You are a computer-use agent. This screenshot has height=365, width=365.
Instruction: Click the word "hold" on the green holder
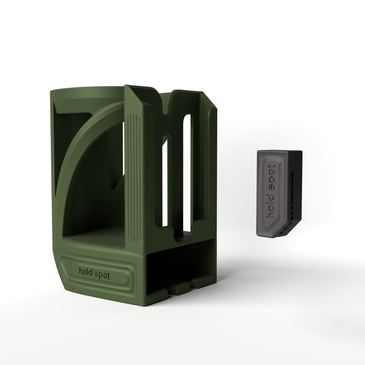(x=86, y=271)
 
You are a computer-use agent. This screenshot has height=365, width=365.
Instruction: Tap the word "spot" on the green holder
(x=102, y=276)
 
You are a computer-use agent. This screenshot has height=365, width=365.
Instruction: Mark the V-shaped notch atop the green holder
(x=165, y=102)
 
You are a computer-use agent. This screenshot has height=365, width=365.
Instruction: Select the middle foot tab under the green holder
(x=179, y=289)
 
